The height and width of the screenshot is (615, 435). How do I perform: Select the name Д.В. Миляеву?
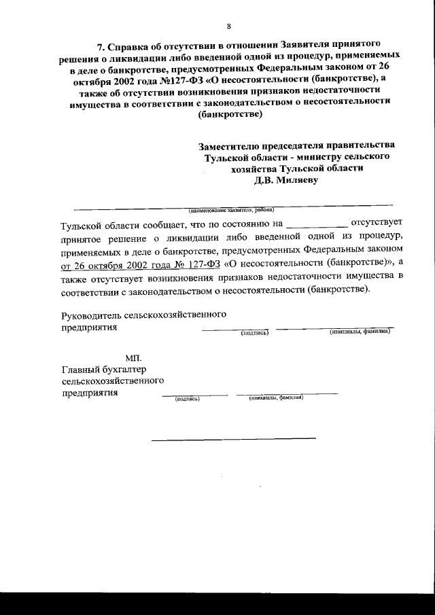pyautogui.click(x=285, y=180)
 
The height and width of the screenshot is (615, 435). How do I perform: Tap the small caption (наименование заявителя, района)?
pyautogui.click(x=226, y=210)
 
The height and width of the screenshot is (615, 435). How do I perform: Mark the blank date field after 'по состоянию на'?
pyautogui.click(x=317, y=224)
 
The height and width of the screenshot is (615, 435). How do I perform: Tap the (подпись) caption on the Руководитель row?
pyautogui.click(x=256, y=332)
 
